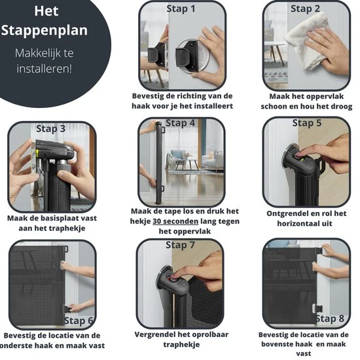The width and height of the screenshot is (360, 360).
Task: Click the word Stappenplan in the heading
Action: click(x=45, y=31)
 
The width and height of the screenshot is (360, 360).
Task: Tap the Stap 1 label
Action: click(x=181, y=9)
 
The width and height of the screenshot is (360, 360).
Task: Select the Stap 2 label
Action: click(x=306, y=9)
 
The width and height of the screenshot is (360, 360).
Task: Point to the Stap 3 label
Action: click(x=51, y=128)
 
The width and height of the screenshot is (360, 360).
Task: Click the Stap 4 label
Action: click(x=181, y=123)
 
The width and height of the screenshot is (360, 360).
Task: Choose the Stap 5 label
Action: click(x=307, y=123)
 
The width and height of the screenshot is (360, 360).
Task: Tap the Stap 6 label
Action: click(x=79, y=321)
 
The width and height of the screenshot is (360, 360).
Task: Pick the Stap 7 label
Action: click(x=181, y=245)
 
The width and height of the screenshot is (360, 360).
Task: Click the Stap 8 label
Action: click(x=330, y=319)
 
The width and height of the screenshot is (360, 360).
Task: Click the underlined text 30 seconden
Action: click(x=175, y=221)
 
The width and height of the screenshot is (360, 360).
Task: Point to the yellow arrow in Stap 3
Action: click(x=37, y=153)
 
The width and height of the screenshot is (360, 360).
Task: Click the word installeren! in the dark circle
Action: click(x=45, y=69)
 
